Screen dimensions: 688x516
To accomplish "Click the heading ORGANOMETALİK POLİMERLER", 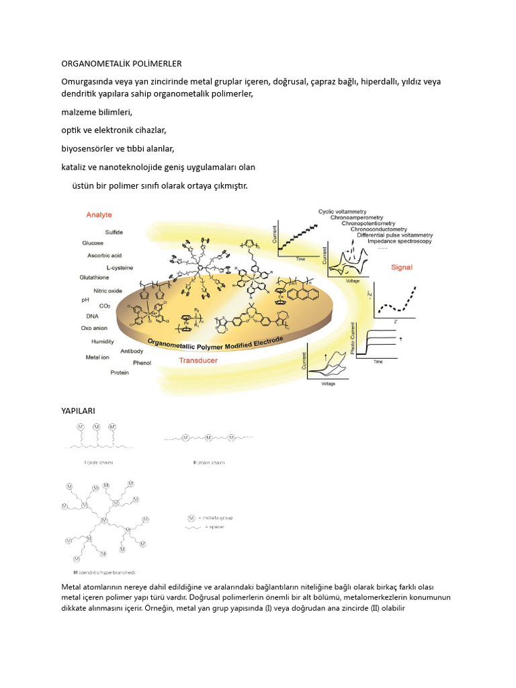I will point(122,64).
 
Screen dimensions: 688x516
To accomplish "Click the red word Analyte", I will point(99,215).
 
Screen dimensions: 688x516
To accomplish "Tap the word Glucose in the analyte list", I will point(92,243).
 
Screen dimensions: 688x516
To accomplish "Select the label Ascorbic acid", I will point(104,255).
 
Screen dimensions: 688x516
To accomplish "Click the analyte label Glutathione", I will point(94,277).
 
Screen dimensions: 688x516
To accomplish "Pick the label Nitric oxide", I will point(107,291).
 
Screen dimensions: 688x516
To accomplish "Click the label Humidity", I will point(98,341).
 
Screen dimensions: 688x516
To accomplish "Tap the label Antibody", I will point(131,351).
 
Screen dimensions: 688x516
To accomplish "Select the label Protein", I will point(120,373).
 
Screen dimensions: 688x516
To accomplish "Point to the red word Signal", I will point(402,267).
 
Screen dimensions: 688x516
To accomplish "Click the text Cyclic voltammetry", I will point(342,212).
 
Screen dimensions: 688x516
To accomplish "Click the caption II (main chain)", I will point(208,462).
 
